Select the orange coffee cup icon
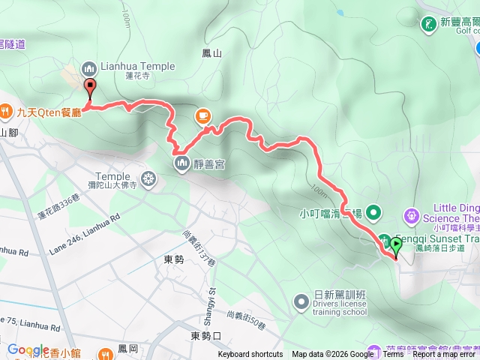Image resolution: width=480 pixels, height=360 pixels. pyautogui.click(x=202, y=115)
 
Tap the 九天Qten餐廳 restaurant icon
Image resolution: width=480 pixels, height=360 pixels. pyautogui.click(x=5, y=110)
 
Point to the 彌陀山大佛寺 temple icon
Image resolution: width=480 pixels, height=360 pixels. pyautogui.click(x=148, y=178)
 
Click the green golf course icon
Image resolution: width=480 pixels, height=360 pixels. pyautogui.click(x=428, y=24)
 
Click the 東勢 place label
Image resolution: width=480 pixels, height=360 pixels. pyautogui.click(x=173, y=259)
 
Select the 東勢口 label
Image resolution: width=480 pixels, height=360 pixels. pyautogui.click(x=205, y=335)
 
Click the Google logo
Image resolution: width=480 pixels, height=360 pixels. pyautogui.click(x=28, y=349)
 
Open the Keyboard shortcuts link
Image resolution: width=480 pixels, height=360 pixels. pyautogui.click(x=250, y=355)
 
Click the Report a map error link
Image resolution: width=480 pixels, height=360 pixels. pyautogui.click(x=445, y=355)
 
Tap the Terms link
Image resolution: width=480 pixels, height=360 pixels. pyautogui.click(x=393, y=355)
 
